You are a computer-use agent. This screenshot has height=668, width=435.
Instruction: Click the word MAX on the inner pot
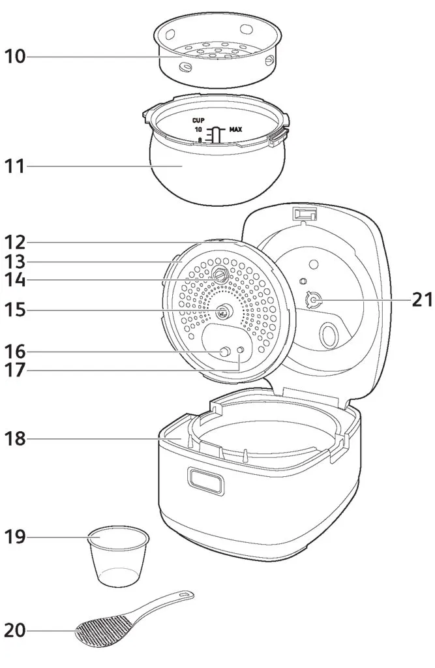click(x=235, y=130)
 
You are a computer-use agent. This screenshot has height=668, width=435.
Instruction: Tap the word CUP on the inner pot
click(x=198, y=121)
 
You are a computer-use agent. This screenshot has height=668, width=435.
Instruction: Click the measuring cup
click(x=118, y=555)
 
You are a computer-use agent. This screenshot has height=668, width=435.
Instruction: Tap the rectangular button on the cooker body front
click(x=205, y=481)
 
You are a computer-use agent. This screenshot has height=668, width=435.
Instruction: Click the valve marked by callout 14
click(x=220, y=277)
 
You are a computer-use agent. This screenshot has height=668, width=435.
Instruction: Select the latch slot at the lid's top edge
click(x=305, y=215)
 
